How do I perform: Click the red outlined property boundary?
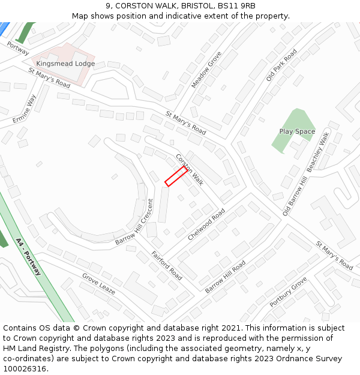pyautogui.click(x=176, y=176)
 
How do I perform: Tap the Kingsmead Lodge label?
pyautogui.click(x=65, y=64)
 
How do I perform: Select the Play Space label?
pyautogui.click(x=297, y=131)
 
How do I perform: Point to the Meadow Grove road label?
pyautogui.click(x=206, y=70)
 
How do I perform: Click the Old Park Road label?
pyautogui.click(x=281, y=65)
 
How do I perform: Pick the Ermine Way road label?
pyautogui.click(x=25, y=109)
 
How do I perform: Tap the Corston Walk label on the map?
pyautogui.click(x=190, y=169)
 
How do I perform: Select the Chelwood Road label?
pyautogui.click(x=206, y=224)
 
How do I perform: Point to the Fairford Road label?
pyautogui.click(x=167, y=265)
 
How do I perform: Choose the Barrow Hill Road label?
pyautogui.click(x=225, y=277)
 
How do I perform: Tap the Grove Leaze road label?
pyautogui.click(x=99, y=284)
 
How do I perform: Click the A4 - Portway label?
pyautogui.click(x=29, y=257)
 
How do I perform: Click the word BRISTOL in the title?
pyautogui.click(x=182, y=6)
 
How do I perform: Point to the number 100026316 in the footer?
pyautogui.click(x=25, y=369)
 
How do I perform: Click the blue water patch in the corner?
pyautogui.click(x=4, y=27)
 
